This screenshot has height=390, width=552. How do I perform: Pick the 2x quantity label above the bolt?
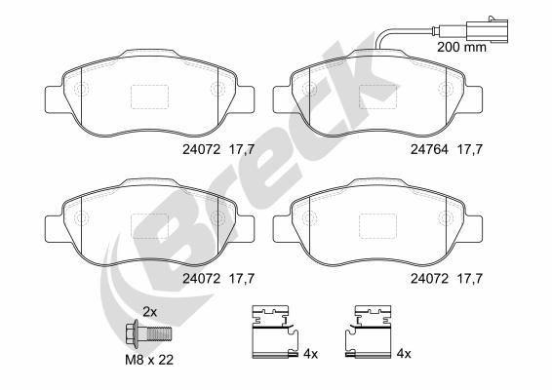point(150,311)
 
